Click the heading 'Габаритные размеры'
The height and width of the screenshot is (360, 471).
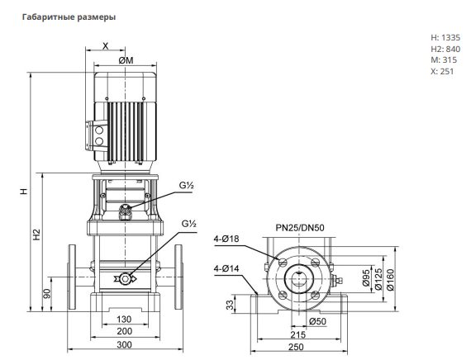[x=69, y=17]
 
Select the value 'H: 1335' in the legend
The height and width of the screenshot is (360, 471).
[x=445, y=37]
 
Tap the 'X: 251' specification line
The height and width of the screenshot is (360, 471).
[x=442, y=72]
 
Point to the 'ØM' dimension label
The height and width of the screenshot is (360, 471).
[x=126, y=60]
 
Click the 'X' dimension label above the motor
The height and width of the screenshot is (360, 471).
[x=106, y=46]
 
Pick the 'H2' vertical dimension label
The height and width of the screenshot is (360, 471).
[x=36, y=234]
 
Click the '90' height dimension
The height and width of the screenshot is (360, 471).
[x=47, y=294]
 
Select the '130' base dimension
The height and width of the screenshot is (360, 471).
[x=124, y=320]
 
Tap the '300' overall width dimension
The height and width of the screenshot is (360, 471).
[x=124, y=344]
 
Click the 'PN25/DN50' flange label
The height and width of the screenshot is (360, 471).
[x=300, y=228]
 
